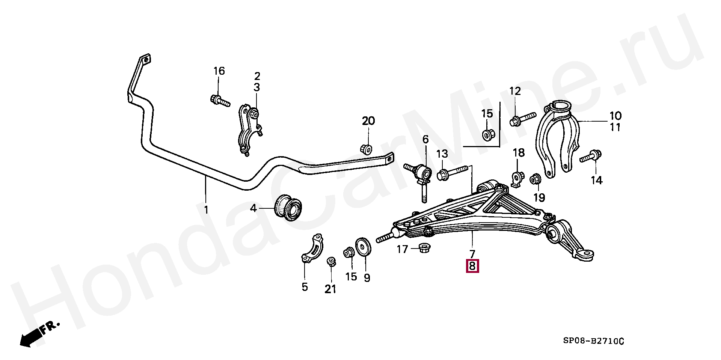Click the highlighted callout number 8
(472, 266)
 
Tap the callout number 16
(219, 71)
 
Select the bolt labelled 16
(219, 100)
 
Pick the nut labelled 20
(367, 148)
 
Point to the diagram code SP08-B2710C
(593, 341)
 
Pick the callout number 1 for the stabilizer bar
(206, 209)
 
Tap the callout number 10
(615, 116)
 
